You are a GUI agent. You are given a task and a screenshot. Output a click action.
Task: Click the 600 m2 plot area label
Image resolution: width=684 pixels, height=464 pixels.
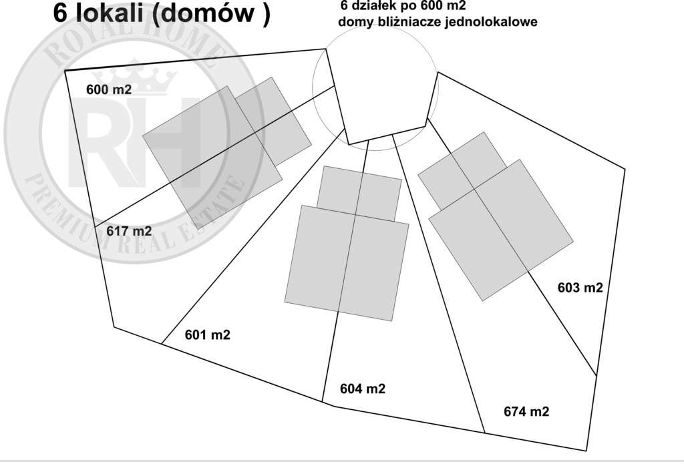[x=109, y=89]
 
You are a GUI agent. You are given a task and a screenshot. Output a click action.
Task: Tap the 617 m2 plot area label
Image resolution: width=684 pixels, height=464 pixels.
[x=129, y=231]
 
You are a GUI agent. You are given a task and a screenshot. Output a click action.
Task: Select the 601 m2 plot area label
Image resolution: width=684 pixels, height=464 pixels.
[x=207, y=335]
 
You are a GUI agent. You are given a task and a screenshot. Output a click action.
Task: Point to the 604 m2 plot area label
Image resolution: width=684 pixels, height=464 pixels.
[x=363, y=389]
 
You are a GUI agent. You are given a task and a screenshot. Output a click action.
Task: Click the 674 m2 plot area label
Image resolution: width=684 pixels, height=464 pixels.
[x=526, y=411]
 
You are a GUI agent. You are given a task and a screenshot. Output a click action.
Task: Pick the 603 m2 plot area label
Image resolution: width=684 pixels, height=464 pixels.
[x=580, y=288]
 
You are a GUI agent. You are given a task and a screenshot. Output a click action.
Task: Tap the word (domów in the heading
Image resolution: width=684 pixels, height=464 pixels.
[x=202, y=14]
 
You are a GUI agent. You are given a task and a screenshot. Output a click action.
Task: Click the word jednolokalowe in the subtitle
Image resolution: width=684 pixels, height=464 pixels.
[x=492, y=22]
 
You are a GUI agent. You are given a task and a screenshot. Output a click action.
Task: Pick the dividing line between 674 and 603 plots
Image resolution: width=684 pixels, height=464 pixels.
[x=512, y=247]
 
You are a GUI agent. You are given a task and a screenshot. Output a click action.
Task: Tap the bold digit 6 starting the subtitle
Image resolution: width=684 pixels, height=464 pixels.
[x=345, y=6]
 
